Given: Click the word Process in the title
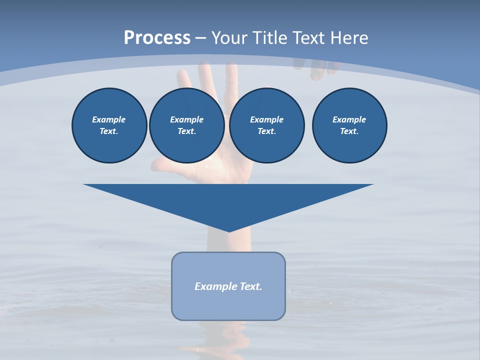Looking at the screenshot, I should [157, 37].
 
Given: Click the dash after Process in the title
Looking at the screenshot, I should [201, 38].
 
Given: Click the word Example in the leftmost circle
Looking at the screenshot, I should [109, 119].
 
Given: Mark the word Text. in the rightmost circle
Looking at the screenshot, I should [349, 131].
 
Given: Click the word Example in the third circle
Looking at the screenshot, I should [266, 119].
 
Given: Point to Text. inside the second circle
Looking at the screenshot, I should [187, 131].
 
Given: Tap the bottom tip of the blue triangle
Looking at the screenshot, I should [228, 230].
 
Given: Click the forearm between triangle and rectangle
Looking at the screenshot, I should [227, 242].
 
